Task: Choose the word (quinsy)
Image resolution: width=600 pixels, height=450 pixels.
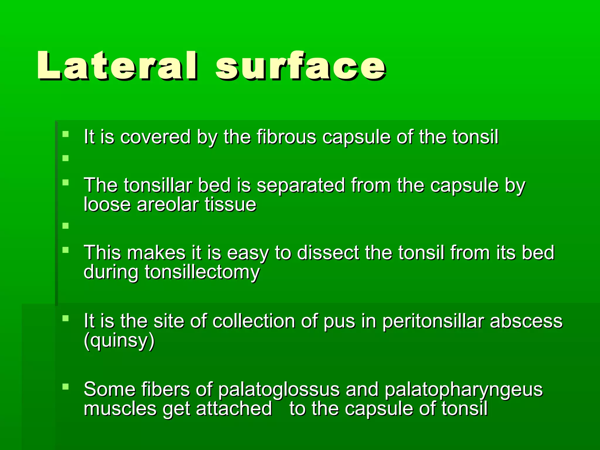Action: (119, 340)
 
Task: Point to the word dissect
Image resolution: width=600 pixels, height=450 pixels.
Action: (328, 253)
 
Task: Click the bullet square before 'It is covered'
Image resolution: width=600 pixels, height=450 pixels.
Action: (66, 134)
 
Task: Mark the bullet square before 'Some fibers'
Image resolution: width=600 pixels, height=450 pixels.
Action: (66, 387)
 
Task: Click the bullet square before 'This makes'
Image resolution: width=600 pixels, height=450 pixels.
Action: (66, 250)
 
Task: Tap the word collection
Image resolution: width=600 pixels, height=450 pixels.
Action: (254, 321)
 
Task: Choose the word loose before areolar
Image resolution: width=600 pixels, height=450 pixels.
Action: (107, 204)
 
